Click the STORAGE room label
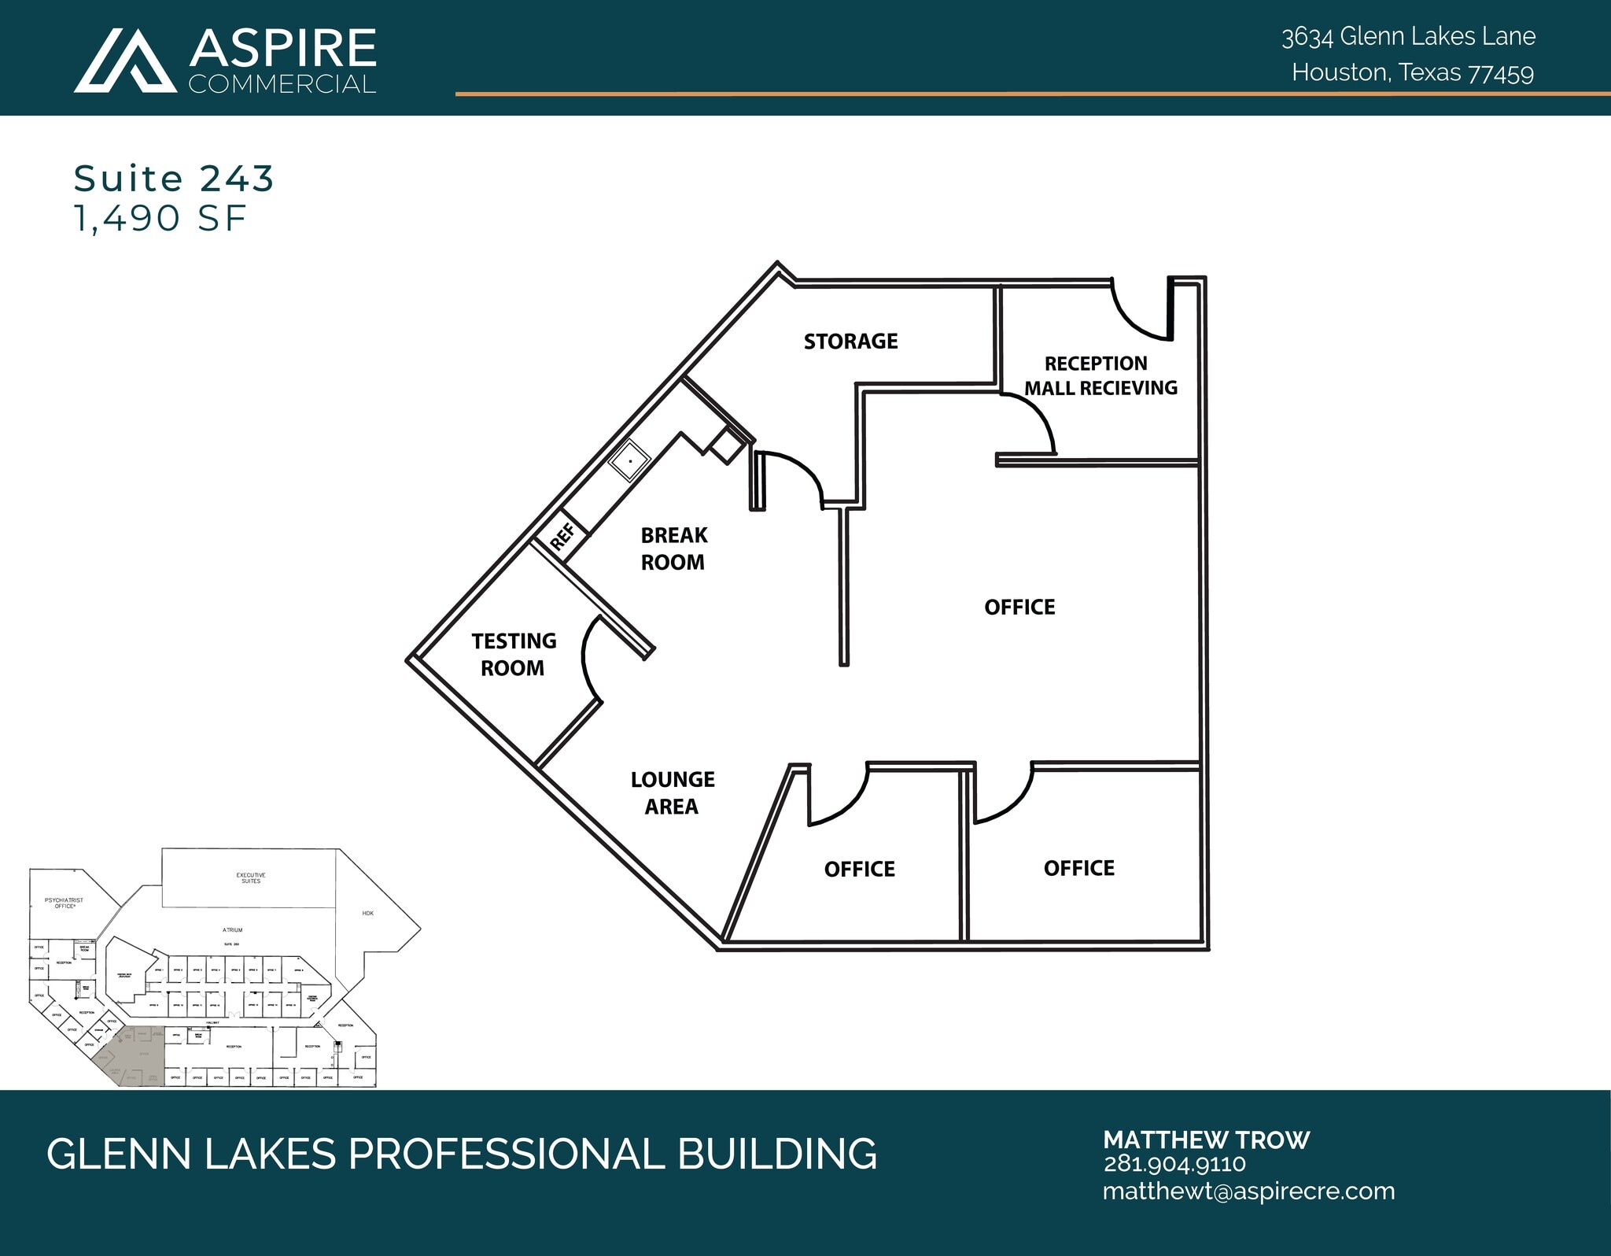pyautogui.click(x=850, y=341)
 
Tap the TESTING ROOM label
pyautogui.click(x=513, y=654)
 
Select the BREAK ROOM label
pyautogui.click(x=673, y=549)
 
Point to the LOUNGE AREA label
pyautogui.click(x=673, y=792)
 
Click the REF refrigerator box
pyautogui.click(x=562, y=536)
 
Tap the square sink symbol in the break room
pyautogui.click(x=629, y=461)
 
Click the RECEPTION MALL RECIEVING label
pyautogui.click(x=1099, y=375)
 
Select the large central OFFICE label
pyautogui.click(x=1019, y=607)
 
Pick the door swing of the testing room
pyautogui.click(x=589, y=657)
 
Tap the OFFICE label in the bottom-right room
pyautogui.click(x=1078, y=868)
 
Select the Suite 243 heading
pyautogui.click(x=173, y=179)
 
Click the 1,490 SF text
pyautogui.click(x=160, y=218)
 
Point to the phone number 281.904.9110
pyautogui.click(x=1174, y=1164)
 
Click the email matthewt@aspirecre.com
pyautogui.click(x=1248, y=1191)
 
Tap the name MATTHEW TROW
pyautogui.click(x=1206, y=1140)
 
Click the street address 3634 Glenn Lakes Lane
pyautogui.click(x=1408, y=36)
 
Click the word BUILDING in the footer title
pyautogui.click(x=776, y=1154)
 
